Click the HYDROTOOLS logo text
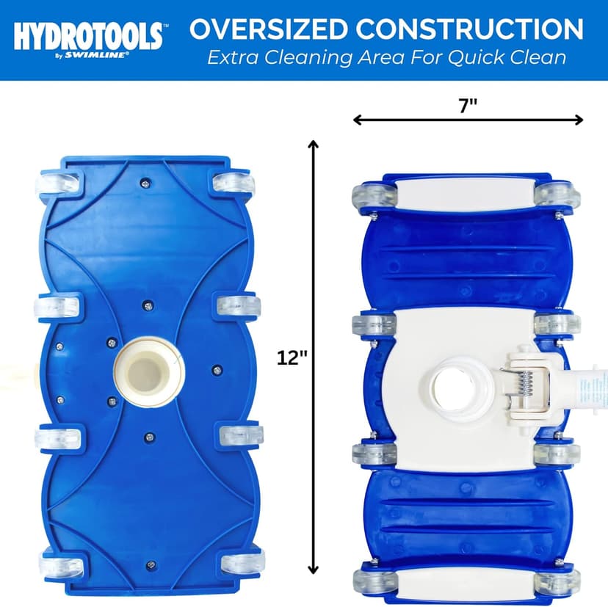click(x=87, y=32)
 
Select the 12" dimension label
click(x=292, y=357)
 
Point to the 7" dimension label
click(x=468, y=105)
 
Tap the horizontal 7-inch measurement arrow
click(x=468, y=120)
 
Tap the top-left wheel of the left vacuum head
click(x=57, y=186)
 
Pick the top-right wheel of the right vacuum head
click(x=557, y=195)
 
